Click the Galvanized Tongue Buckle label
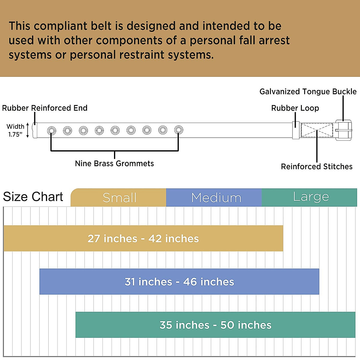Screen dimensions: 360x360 coord(308,92)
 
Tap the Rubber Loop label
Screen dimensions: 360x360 coord(295,108)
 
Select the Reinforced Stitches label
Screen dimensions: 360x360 coord(317,166)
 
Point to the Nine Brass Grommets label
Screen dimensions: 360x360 coord(114,163)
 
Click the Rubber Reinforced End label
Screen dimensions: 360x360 coord(45,108)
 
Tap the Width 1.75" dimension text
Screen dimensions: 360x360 coord(15,130)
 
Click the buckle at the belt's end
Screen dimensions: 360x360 coord(344,130)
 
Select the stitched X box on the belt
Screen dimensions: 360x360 coord(317,130)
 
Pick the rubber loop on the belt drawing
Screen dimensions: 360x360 coord(296,130)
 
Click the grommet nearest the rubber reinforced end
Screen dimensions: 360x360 coord(52,130)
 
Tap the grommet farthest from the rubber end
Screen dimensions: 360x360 coord(178,130)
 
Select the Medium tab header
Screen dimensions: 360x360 coord(214,197)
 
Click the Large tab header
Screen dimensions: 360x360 coord(309,197)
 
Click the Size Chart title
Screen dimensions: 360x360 coord(33,197)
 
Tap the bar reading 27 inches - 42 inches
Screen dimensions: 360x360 coord(143,238)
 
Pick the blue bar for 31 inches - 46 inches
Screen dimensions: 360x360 coord(179,281)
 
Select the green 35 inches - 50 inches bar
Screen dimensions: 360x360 coord(215,325)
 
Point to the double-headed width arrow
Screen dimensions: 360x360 coord(28,130)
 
